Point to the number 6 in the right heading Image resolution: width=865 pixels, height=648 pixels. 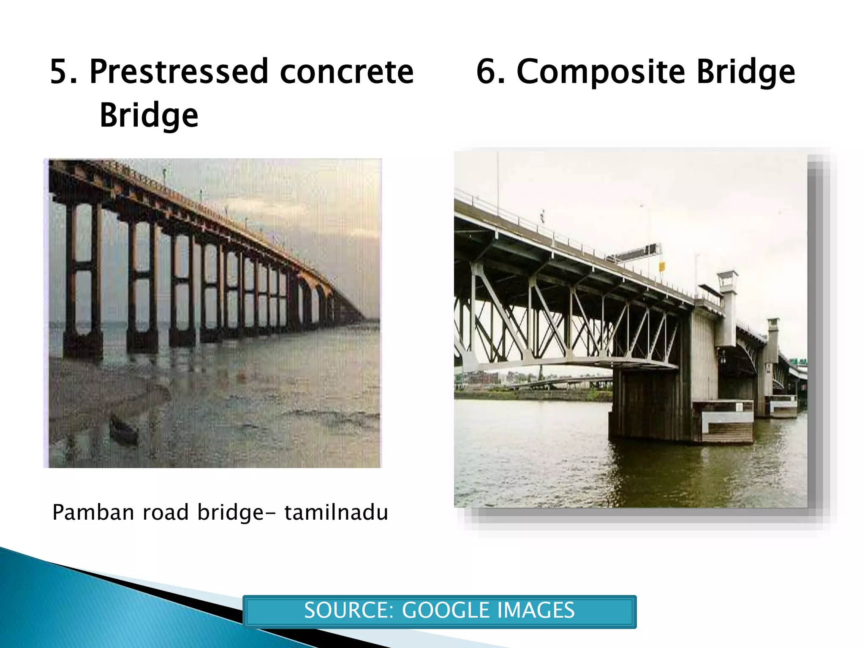coord(490,72)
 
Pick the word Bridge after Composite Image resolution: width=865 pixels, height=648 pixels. coord(745,72)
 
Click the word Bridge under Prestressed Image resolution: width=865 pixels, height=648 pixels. coord(149,115)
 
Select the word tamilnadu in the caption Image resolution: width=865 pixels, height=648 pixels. coord(336,513)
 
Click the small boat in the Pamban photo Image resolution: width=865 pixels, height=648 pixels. coord(123,428)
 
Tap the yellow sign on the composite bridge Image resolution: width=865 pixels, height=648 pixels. coord(662,266)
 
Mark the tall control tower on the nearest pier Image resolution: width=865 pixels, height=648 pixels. coord(727,308)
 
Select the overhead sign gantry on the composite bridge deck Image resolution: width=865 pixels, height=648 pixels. coord(634,253)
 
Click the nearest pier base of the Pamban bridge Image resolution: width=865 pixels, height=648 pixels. coord(83,344)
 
